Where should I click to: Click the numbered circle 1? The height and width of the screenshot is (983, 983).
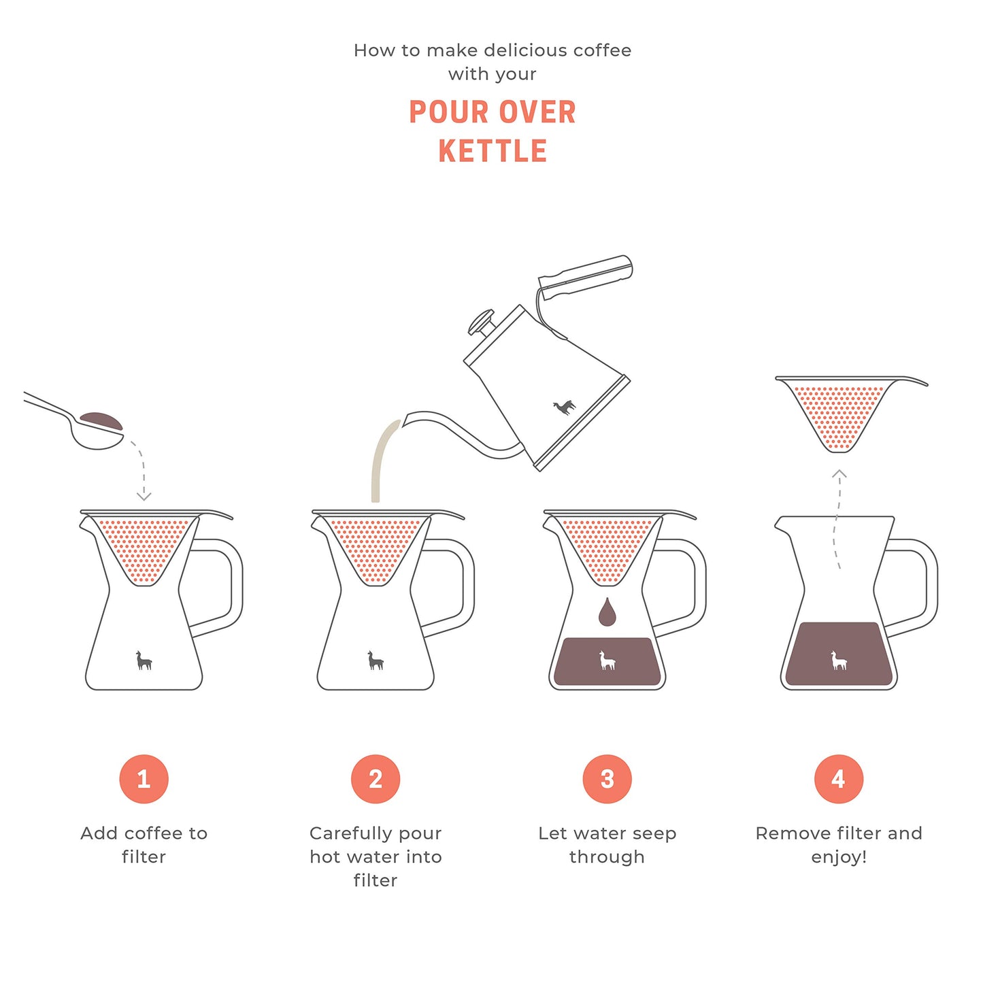click(x=144, y=779)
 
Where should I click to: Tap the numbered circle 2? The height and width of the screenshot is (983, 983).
click(x=376, y=779)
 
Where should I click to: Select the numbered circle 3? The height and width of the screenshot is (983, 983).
click(x=607, y=779)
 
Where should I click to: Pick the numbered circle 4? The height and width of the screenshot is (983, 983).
click(x=839, y=779)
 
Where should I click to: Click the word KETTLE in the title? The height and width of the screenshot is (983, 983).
click(x=493, y=151)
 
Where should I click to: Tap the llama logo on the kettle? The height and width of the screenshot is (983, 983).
click(x=564, y=407)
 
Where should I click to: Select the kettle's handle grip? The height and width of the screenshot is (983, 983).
click(x=586, y=276)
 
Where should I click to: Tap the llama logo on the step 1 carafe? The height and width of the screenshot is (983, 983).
click(x=144, y=661)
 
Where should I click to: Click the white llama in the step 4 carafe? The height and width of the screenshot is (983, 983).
click(x=839, y=661)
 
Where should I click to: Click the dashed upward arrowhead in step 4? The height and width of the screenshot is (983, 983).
click(x=839, y=474)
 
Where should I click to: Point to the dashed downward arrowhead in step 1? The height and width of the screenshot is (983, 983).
click(x=144, y=497)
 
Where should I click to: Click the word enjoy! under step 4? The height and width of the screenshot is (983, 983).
click(x=839, y=857)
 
